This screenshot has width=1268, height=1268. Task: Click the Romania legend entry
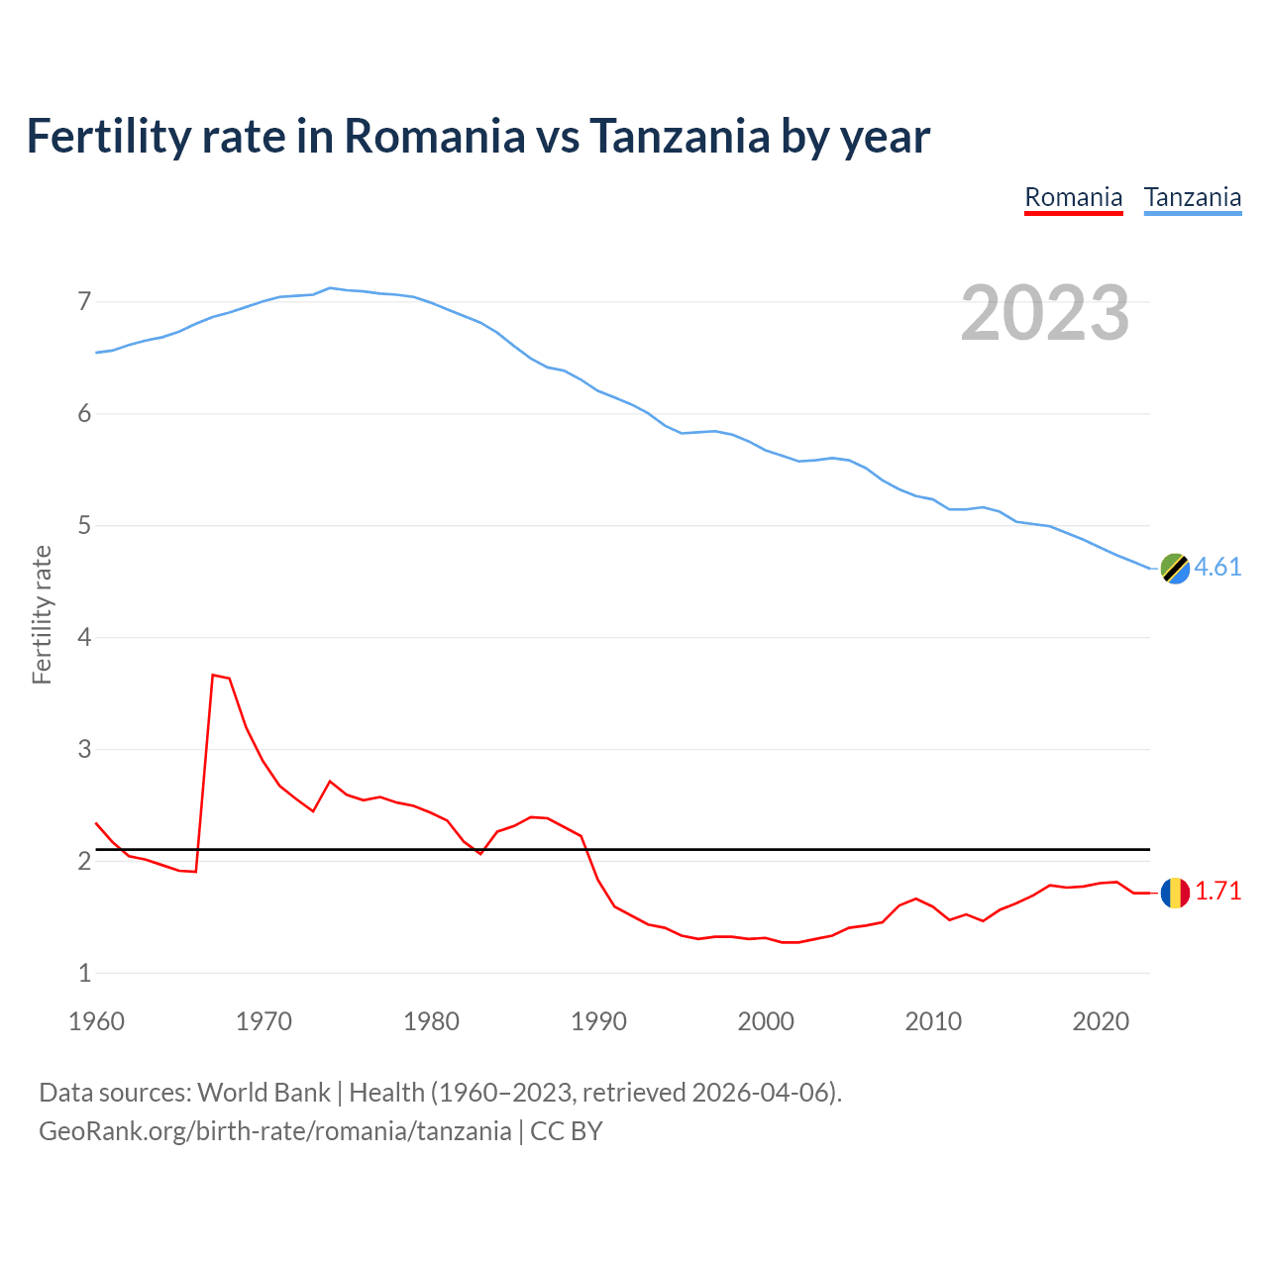pos(1073,197)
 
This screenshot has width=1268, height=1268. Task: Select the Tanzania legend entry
pos(1192,197)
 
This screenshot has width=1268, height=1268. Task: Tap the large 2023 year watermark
pos(1044,313)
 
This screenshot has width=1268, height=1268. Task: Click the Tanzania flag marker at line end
pos(1175,569)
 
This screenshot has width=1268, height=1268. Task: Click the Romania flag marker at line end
pos(1175,893)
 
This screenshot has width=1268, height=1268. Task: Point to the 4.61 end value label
pos(1217,567)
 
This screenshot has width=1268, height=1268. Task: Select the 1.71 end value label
pos(1217,891)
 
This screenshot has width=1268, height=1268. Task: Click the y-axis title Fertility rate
pos(42,614)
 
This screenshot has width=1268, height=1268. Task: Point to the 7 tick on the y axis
pos(84,301)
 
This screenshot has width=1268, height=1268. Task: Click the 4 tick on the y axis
pos(84,637)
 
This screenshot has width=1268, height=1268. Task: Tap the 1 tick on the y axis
pos(84,973)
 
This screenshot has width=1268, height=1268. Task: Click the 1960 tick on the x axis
pos(96,1021)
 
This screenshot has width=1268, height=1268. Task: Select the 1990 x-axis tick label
pos(598,1021)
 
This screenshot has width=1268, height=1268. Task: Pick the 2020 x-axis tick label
pos(1101,1021)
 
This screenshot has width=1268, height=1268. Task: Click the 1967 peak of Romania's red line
pos(213,675)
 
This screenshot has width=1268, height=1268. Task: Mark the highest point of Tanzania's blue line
pos(330,287)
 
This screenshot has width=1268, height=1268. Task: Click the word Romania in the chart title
pos(434,136)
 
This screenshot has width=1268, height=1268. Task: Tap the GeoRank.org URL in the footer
pos(274,1130)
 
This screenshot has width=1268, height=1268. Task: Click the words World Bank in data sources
pos(264,1092)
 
